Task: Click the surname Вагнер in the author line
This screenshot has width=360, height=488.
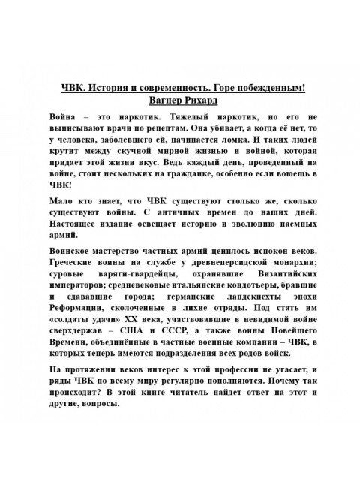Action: [167, 98]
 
